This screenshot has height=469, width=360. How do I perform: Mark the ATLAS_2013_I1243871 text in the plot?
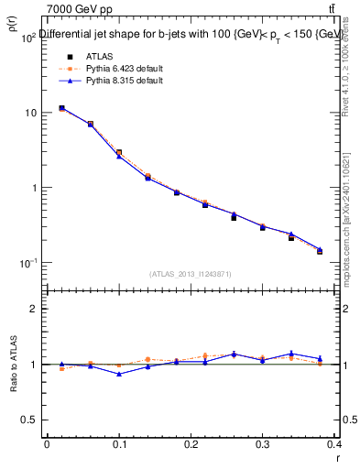(191, 274)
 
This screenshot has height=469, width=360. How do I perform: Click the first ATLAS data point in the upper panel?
(61, 108)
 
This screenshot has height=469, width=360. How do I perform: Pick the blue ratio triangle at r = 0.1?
(119, 374)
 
